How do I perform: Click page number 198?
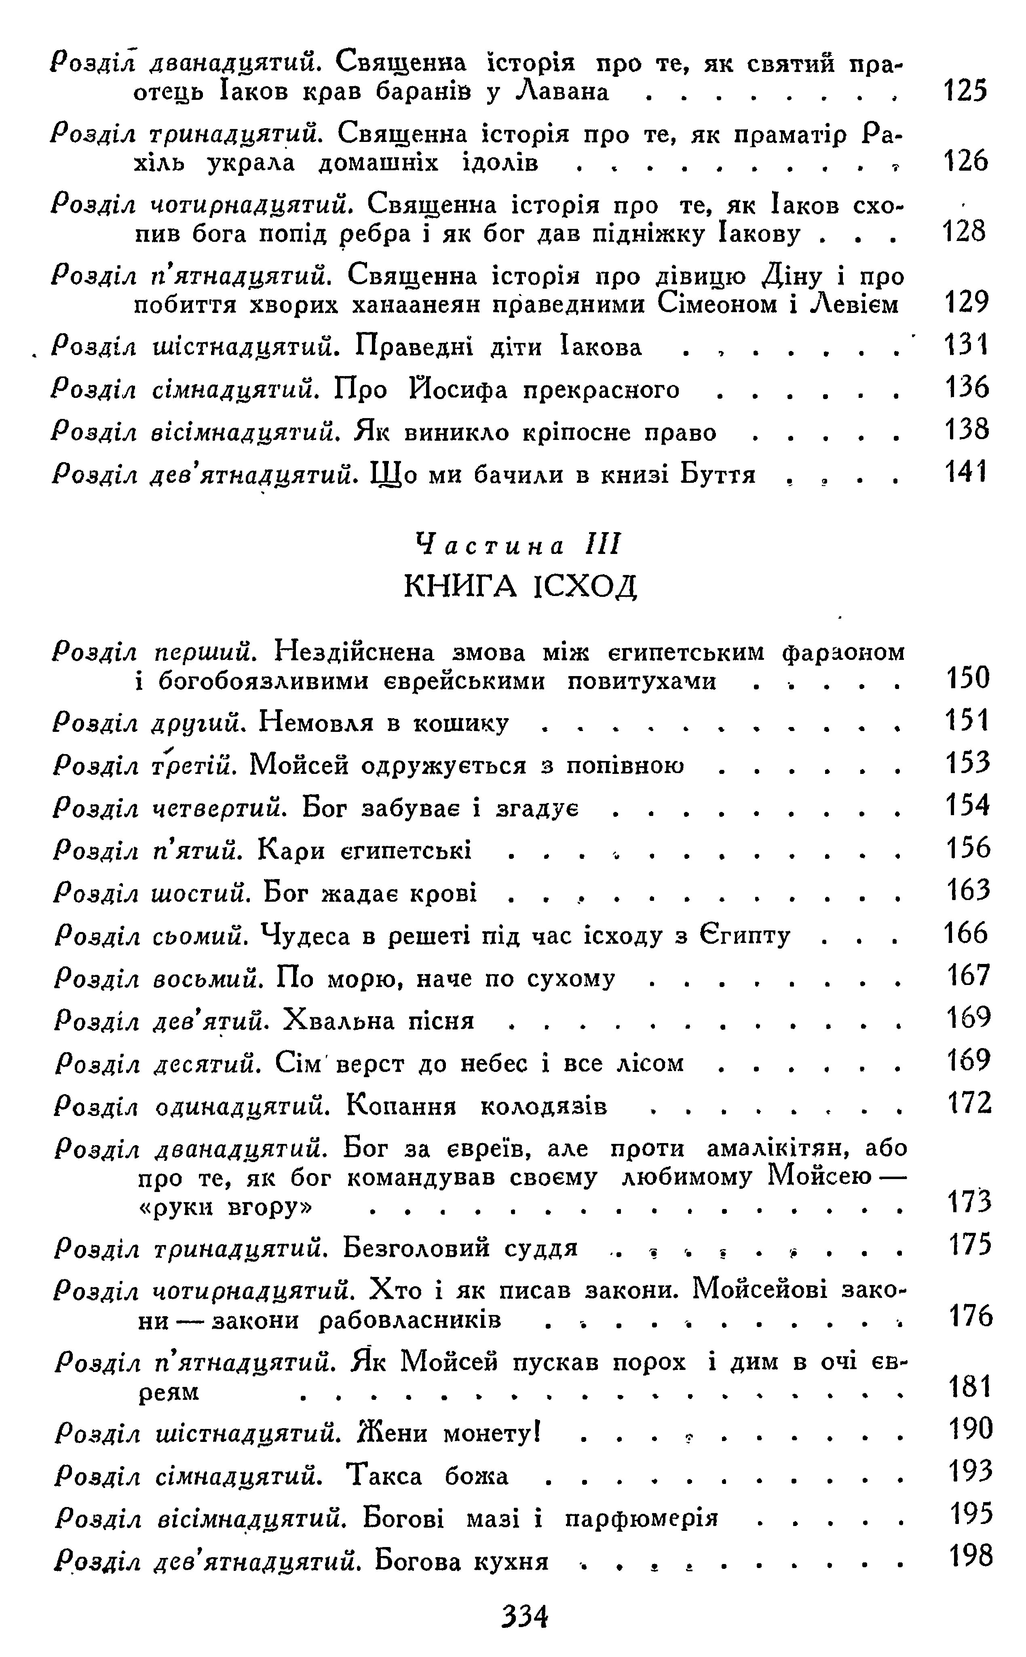[970, 1557]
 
